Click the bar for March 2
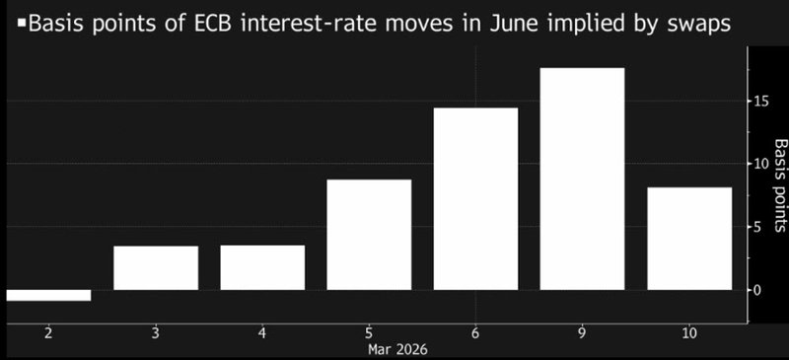[47, 295]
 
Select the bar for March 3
[156, 267]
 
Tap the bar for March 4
[262, 267]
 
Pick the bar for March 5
[369, 235]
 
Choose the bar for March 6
[475, 198]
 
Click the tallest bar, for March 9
[583, 179]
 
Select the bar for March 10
[689, 239]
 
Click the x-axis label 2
[48, 334]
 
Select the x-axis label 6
[475, 334]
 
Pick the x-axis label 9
[583, 334]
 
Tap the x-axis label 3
[156, 334]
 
